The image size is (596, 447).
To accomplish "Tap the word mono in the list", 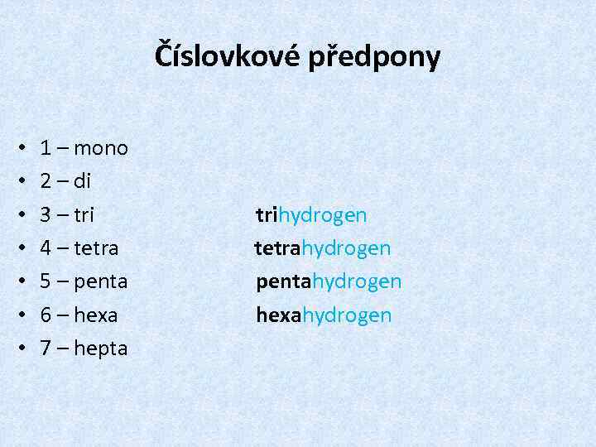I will pos(101,149).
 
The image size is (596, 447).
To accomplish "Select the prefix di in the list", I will pos(82,181).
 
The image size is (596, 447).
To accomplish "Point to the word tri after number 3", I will pos(84,215).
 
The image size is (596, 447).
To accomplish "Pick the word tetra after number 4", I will pos(96,248).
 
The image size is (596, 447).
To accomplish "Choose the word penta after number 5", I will pos(101,282).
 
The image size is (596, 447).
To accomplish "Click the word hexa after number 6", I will pos(96,315).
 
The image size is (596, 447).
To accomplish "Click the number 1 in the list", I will pos(47,149).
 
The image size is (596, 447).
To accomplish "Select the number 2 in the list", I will pos(47,181).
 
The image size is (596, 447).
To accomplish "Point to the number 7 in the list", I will pos(47,348).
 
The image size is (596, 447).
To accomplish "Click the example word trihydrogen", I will pos(311,216).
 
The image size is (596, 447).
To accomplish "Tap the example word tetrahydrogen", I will pos(323,249).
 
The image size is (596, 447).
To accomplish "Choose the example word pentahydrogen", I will pos(329,282).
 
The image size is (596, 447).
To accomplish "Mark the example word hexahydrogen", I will pos(324,315).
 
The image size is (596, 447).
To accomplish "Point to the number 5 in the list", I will pos(47,281).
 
